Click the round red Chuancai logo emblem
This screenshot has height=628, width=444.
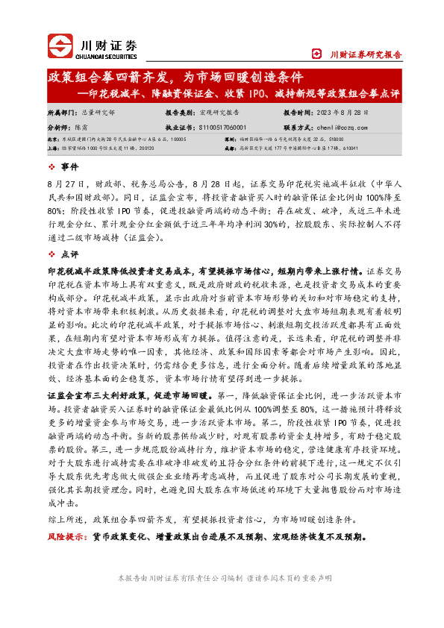[61, 46]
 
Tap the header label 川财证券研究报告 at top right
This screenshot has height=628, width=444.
[366, 54]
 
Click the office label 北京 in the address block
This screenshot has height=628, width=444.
[53, 139]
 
